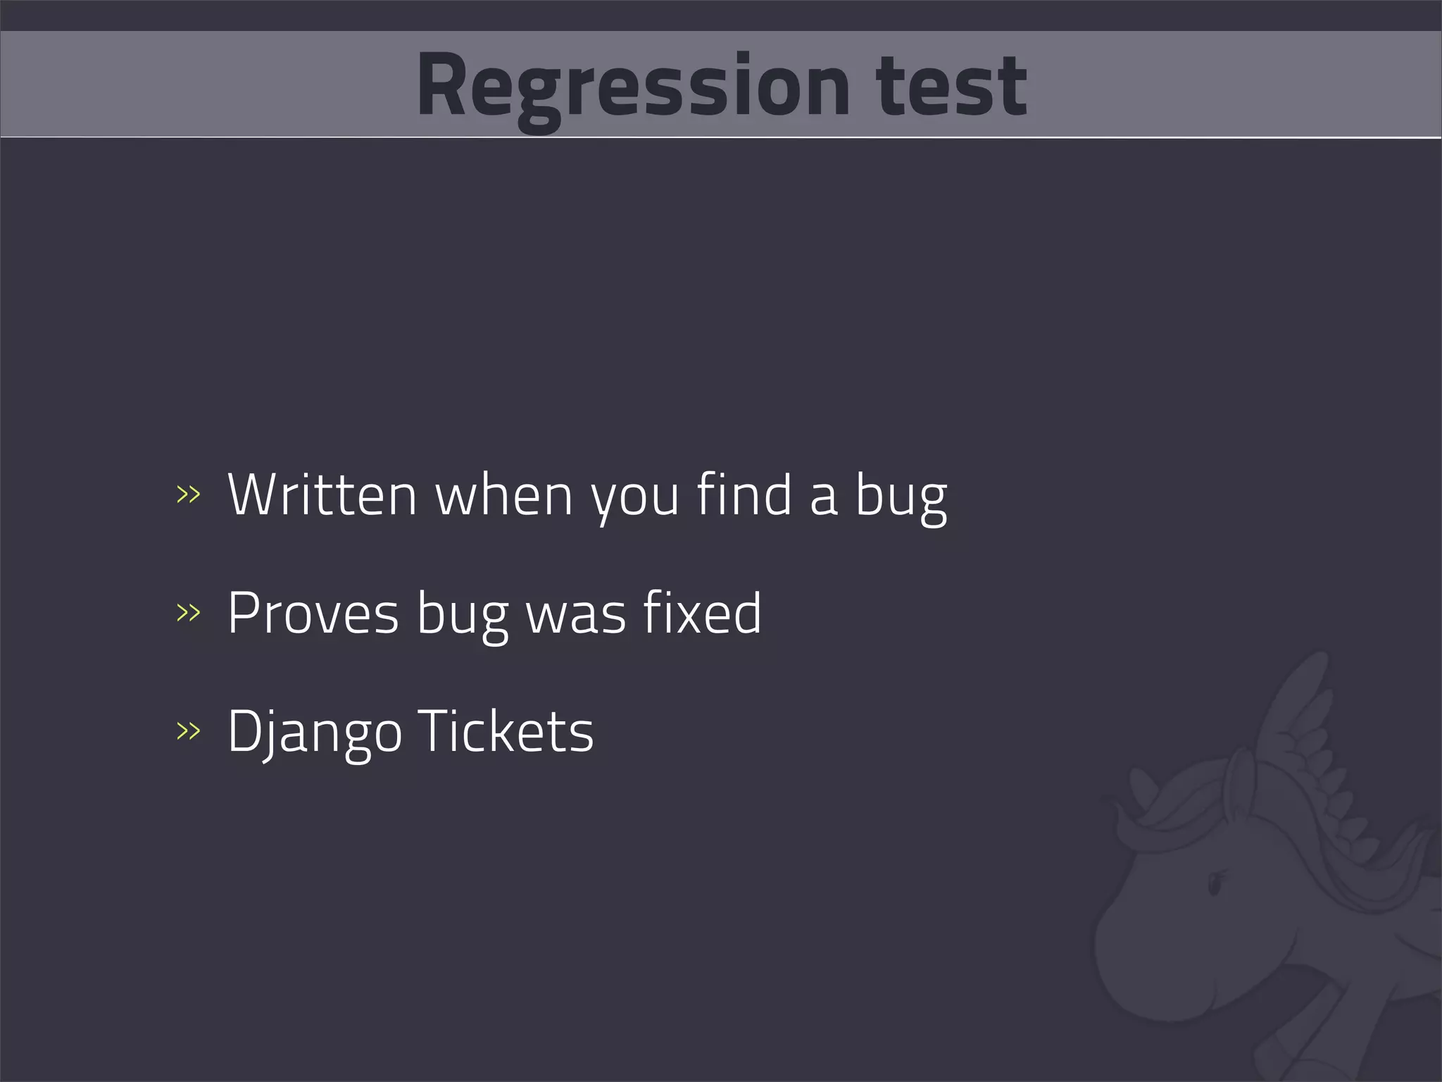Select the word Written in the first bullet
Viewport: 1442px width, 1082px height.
click(x=322, y=495)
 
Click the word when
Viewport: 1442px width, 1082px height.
click(x=504, y=495)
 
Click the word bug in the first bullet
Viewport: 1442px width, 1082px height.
click(x=901, y=497)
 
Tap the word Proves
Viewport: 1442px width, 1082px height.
click(x=313, y=614)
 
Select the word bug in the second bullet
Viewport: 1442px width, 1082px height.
click(x=462, y=616)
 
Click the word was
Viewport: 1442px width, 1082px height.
click(x=576, y=615)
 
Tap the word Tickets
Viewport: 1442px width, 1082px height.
click(x=506, y=731)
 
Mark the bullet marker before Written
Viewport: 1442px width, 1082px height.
click(x=188, y=495)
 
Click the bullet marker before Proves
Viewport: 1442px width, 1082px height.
click(x=188, y=613)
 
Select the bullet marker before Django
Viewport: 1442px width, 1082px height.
click(x=188, y=731)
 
